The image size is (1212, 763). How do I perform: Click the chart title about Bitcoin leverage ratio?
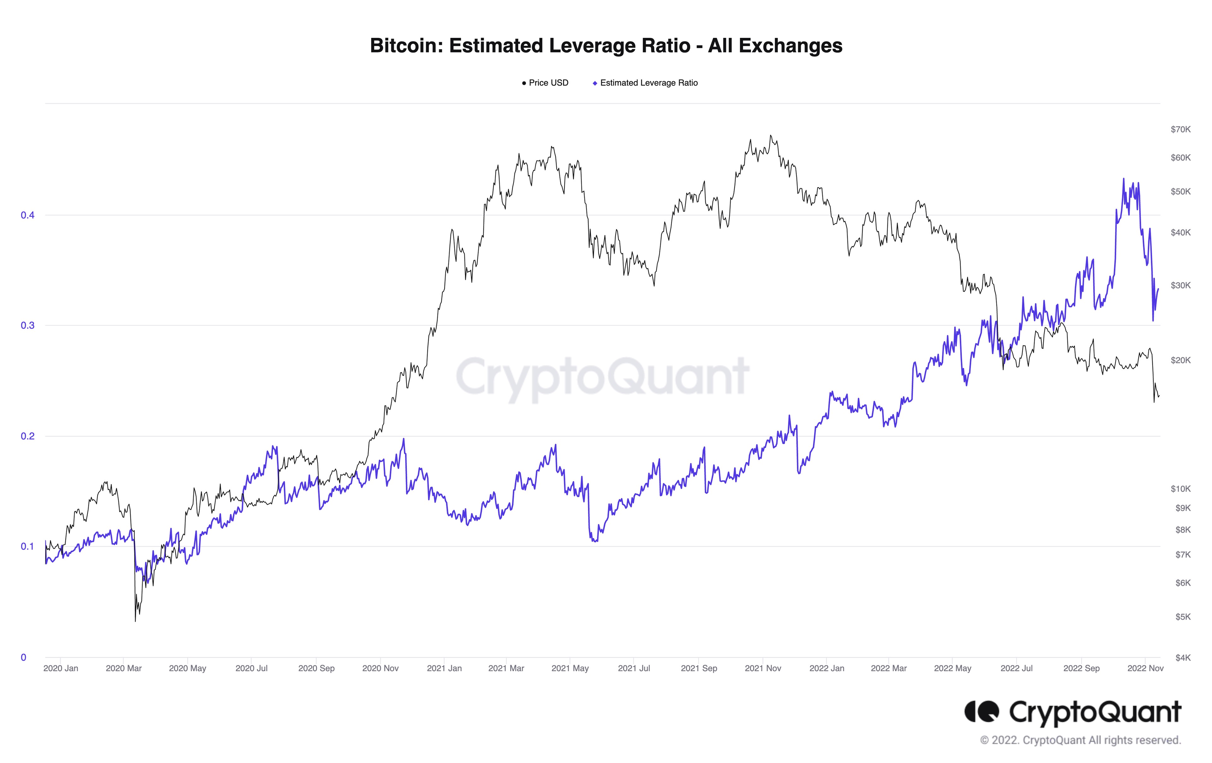[x=606, y=45]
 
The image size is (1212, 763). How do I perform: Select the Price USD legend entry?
[x=546, y=83]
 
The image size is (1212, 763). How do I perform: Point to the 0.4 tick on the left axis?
[x=27, y=216]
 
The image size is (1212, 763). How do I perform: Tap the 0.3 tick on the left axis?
[x=27, y=326]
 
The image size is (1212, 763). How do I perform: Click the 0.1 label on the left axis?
[x=27, y=547]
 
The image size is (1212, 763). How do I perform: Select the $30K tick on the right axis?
[x=1180, y=285]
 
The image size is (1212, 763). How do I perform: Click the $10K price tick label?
[x=1180, y=489]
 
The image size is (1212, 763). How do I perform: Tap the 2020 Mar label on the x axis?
[x=123, y=668]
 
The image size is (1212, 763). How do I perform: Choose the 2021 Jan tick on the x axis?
[x=444, y=668]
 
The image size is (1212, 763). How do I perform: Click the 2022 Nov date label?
[x=1145, y=668]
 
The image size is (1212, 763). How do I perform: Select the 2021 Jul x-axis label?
[x=634, y=668]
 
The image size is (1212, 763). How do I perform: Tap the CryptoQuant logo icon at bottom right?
[x=982, y=712]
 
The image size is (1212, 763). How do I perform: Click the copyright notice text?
[x=1080, y=740]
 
